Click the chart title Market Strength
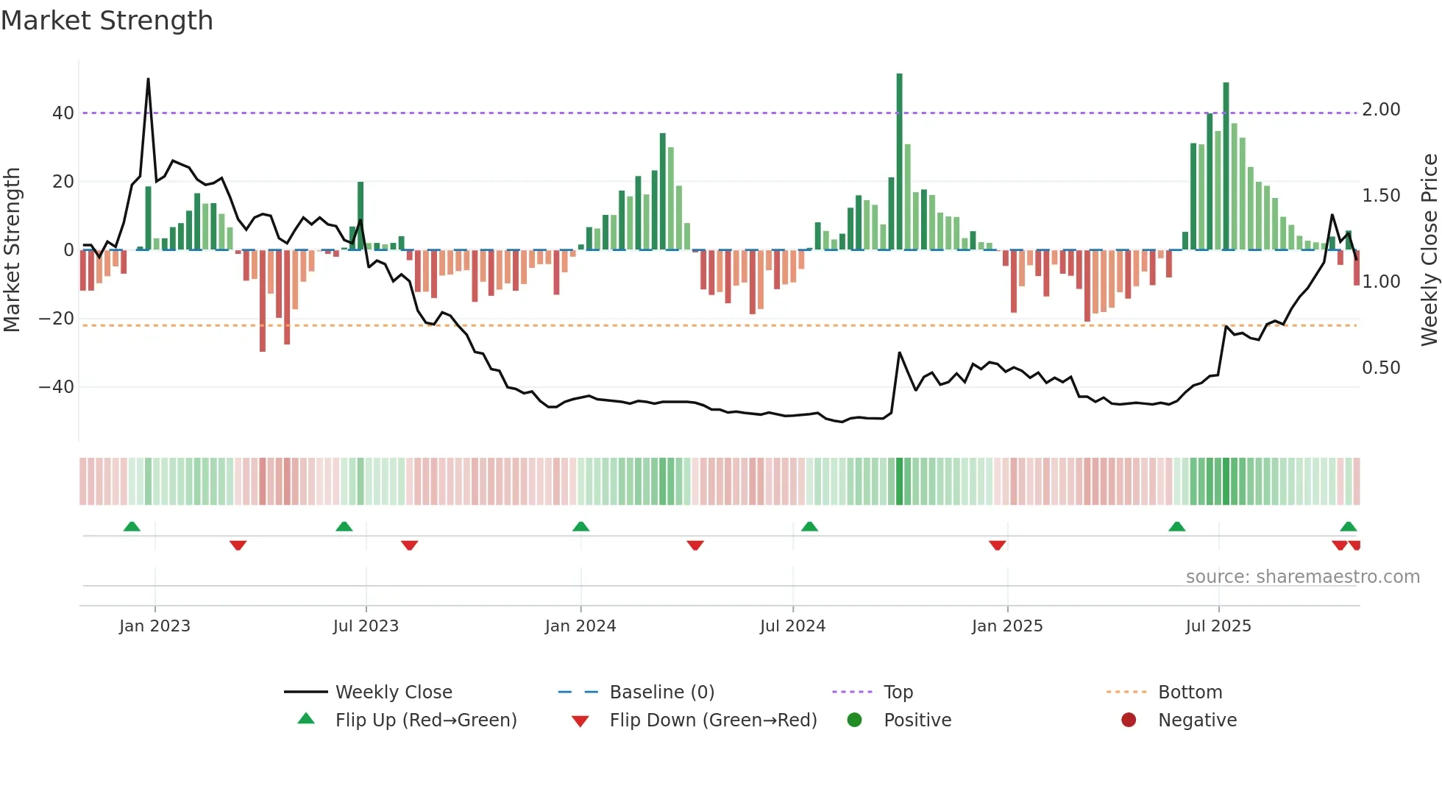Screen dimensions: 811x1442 [x=107, y=21]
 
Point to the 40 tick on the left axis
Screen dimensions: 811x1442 [x=63, y=113]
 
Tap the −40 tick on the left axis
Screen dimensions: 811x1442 [x=57, y=387]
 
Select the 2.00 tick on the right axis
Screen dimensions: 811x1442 [x=1381, y=110]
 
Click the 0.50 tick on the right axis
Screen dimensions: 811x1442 [x=1381, y=368]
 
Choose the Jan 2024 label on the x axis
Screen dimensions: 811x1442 [x=580, y=626]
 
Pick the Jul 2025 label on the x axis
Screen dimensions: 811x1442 [x=1218, y=626]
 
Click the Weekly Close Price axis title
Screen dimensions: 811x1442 [x=1429, y=250]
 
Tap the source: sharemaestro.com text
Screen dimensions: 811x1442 [x=1302, y=577]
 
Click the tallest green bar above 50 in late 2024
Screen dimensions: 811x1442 [x=899, y=162]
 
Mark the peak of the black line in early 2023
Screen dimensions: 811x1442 [x=148, y=79]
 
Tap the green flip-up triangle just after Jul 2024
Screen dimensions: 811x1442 [x=809, y=527]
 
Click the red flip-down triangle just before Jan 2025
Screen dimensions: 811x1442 [x=997, y=545]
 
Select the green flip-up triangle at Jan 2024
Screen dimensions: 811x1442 [x=580, y=527]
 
